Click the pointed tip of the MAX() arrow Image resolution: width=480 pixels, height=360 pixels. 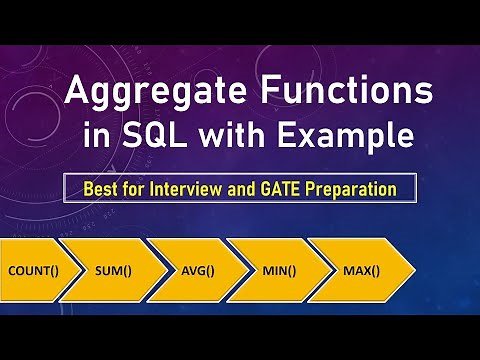point(412,270)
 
